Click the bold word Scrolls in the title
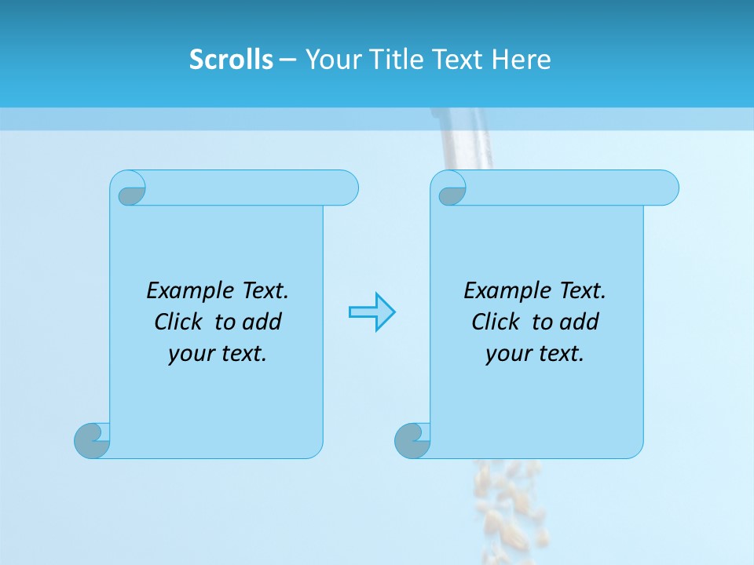[x=231, y=60]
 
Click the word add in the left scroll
[x=262, y=322]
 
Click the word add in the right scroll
[x=580, y=322]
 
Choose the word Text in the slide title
[x=456, y=60]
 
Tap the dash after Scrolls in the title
[x=288, y=60]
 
